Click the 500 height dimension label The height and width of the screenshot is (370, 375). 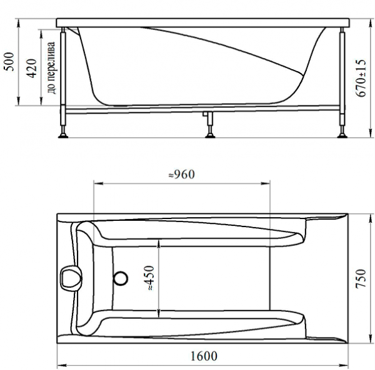tap(9, 62)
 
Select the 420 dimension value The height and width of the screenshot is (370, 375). tap(31, 68)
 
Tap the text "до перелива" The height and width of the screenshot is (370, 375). tap(51, 68)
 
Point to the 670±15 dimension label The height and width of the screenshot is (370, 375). tap(361, 78)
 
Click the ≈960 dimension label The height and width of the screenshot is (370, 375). tap(182, 175)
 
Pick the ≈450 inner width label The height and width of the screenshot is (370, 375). tap(150, 278)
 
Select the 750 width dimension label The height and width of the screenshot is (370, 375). tap(361, 279)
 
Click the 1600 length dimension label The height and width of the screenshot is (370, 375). tap(204, 356)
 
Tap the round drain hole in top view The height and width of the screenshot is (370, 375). tap(121, 278)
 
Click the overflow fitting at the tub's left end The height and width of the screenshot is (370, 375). tap(70, 278)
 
